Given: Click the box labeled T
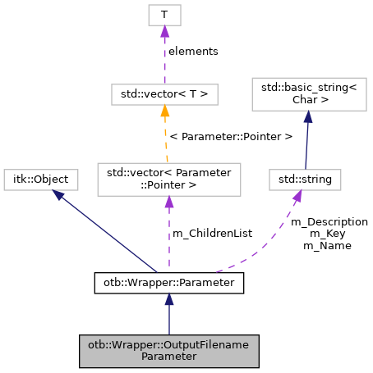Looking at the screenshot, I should coord(164,14).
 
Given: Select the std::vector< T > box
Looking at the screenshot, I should coord(164,94).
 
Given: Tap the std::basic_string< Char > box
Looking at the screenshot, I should coord(307,96).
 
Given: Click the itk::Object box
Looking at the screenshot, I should coord(42,178).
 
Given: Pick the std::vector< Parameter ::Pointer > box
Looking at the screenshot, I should coord(168,180).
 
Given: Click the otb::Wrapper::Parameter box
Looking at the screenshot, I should coord(168,283).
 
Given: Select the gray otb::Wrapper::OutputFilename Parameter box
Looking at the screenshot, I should coord(168,350).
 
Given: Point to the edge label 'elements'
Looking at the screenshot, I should coord(193,51).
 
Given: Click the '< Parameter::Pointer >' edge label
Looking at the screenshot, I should coord(230,136).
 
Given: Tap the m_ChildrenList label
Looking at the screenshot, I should coord(212,234).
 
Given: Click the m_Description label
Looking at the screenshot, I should coord(329,221).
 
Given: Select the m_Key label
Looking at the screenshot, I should coord(321,233).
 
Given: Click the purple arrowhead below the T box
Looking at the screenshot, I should coord(164,31).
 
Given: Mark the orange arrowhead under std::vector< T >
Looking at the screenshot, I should coord(165,111).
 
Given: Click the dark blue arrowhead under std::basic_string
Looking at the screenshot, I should coord(307,118).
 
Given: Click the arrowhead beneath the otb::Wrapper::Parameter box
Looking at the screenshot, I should coord(168,301).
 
